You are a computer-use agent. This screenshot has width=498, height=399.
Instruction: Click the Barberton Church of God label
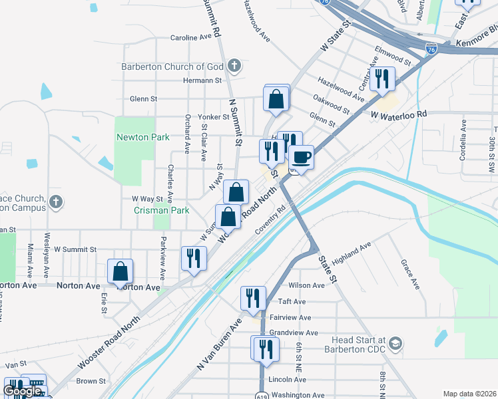pos(172,66)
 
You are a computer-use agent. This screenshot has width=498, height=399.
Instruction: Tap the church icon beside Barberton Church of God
pos(233,66)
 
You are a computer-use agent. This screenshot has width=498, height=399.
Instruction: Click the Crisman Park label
pos(162,211)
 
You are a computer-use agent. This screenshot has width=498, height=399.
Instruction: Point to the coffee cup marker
pos(301,158)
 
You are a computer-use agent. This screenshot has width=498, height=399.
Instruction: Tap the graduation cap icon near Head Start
pos(395,343)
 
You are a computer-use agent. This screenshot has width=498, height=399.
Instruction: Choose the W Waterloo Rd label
pos(398,114)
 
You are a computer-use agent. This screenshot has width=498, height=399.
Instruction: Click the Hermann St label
pos(202,80)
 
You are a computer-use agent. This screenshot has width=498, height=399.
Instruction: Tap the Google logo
pos(22,391)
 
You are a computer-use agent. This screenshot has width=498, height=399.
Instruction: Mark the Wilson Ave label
pos(306,285)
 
